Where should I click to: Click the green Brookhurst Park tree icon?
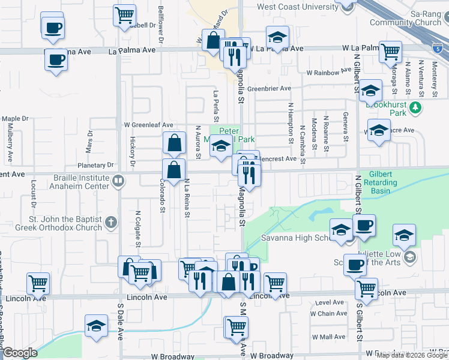[414, 109]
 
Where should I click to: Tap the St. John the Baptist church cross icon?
[110, 223]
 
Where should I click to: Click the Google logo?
[20, 353]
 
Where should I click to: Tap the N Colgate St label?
[138, 228]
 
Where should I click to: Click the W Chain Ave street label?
[328, 314]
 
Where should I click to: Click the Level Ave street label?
[328, 303]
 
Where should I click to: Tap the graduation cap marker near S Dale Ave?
[96, 326]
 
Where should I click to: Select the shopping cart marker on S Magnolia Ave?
[237, 327]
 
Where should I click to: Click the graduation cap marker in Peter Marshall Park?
[221, 146]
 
